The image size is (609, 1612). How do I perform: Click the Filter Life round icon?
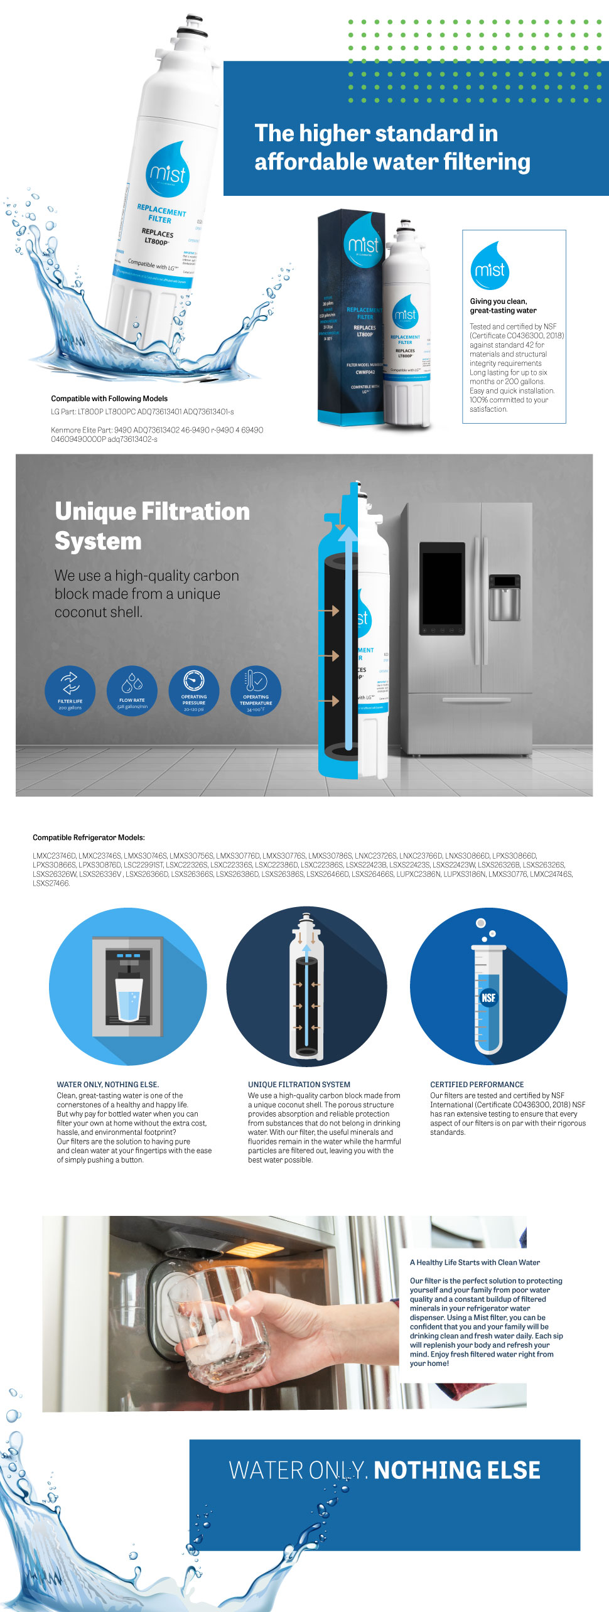pyautogui.click(x=70, y=690)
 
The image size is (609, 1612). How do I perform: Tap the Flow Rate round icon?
pyautogui.click(x=132, y=690)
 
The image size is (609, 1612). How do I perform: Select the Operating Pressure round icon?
pyautogui.click(x=194, y=690)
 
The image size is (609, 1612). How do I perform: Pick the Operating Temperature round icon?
pyautogui.click(x=256, y=690)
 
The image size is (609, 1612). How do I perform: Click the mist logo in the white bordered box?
pyautogui.click(x=490, y=267)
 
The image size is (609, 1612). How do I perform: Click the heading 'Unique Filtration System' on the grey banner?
pyautogui.click(x=152, y=526)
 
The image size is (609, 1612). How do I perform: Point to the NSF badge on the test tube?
pyautogui.click(x=488, y=997)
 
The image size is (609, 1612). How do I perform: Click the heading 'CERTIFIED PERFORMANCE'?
pyautogui.click(x=477, y=1084)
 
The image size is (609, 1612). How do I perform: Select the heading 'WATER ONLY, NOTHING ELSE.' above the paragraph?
pyautogui.click(x=107, y=1084)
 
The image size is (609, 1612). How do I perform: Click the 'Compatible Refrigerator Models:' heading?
pyautogui.click(x=89, y=837)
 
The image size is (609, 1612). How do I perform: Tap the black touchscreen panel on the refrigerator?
pyautogui.click(x=442, y=588)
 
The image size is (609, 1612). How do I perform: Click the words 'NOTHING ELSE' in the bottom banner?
pyautogui.click(x=457, y=1470)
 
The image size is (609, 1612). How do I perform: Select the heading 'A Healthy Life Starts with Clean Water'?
pyautogui.click(x=475, y=1262)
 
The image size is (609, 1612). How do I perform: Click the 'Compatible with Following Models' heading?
pyautogui.click(x=109, y=399)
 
